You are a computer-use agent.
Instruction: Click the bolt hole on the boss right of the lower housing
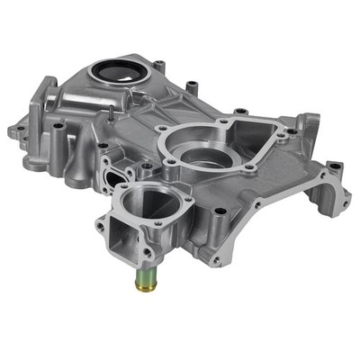[219, 213]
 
